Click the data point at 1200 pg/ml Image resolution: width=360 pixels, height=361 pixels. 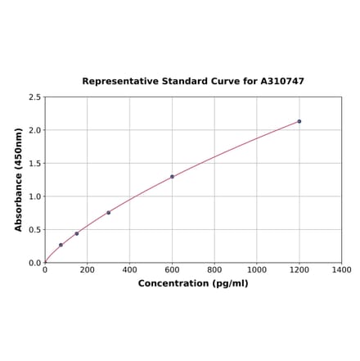click(x=299, y=121)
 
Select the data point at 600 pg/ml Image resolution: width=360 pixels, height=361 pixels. click(x=172, y=176)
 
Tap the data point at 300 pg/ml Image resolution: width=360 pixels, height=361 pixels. click(x=108, y=213)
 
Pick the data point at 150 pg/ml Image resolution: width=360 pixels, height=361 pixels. click(x=77, y=233)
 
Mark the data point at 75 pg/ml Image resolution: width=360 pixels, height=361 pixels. click(x=61, y=245)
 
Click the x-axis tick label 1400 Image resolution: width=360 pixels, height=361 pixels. click(x=341, y=270)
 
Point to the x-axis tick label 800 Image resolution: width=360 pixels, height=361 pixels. click(x=214, y=270)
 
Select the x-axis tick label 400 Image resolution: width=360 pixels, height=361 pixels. click(x=129, y=270)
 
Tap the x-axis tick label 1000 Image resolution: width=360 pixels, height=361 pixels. click(x=257, y=270)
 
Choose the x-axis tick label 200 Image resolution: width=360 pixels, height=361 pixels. click(x=88, y=270)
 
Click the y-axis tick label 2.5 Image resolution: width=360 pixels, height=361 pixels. click(x=35, y=97)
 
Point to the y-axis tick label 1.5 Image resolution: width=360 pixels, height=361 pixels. click(x=35, y=164)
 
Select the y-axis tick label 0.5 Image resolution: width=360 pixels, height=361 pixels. click(x=35, y=230)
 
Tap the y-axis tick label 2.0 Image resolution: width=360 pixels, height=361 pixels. click(x=35, y=130)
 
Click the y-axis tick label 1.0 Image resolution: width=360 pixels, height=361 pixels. click(x=35, y=196)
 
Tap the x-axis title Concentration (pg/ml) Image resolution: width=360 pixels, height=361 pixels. click(x=193, y=284)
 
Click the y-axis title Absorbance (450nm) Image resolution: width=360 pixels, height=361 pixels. click(x=19, y=179)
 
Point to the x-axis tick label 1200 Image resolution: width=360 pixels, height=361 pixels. click(x=299, y=270)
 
